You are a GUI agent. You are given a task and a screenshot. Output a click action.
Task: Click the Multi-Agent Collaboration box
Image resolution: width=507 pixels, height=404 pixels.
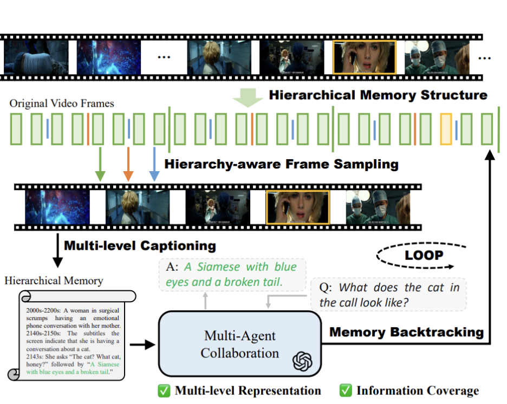click(x=240, y=343)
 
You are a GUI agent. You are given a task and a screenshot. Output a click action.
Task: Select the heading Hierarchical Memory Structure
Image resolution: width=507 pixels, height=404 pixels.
click(x=378, y=95)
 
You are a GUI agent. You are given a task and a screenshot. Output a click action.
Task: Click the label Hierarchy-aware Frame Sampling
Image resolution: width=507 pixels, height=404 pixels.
click(x=281, y=164)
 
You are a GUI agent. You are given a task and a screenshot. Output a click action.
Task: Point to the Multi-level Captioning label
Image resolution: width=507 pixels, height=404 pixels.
click(x=140, y=245)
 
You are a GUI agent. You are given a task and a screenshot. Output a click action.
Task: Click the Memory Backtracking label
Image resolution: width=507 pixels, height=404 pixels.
click(x=406, y=331)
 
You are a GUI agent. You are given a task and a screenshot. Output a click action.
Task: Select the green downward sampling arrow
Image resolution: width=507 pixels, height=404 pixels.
click(x=99, y=163)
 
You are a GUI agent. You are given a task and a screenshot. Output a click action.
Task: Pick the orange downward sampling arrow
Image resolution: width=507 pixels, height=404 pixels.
click(x=128, y=163)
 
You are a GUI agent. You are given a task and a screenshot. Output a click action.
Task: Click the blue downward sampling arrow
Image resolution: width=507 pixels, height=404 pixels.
click(x=154, y=163)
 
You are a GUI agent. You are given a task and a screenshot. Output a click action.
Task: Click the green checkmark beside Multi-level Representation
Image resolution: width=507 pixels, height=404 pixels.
click(x=164, y=390)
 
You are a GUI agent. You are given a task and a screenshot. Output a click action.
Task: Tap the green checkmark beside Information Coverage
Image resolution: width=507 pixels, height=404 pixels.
click(x=345, y=390)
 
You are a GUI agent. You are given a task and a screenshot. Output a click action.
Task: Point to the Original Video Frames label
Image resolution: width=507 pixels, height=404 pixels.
click(x=62, y=103)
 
